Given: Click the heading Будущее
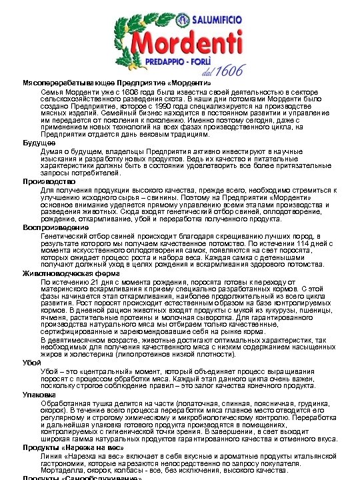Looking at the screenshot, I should pyautogui.click(x=39, y=143).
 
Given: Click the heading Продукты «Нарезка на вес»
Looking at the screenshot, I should pyautogui.click(x=73, y=447).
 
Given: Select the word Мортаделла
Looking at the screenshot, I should pyautogui.click(x=61, y=469).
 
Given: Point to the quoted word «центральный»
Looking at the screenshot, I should pyautogui.click(x=100, y=371).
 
